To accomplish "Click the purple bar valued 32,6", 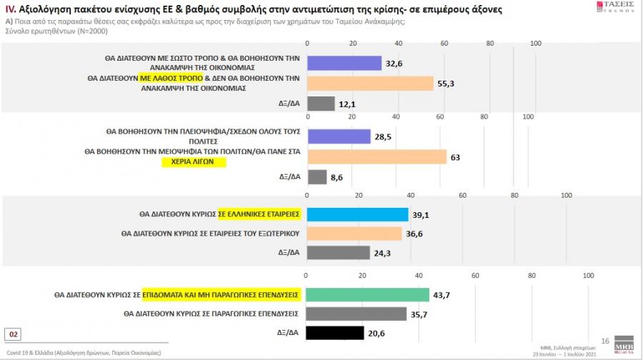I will coord(343,63).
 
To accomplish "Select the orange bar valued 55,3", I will coord(369,84).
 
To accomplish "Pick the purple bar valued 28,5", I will coord(338,136).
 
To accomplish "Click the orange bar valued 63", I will coord(376,156).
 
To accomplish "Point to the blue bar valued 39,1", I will coord(357,214).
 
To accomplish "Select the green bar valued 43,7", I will coord(367,294).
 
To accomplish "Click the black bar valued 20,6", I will coord(334,333).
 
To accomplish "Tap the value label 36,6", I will coord(415,233).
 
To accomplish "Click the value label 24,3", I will coord(384,253).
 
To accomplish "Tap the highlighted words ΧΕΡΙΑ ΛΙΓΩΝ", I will coord(193,162).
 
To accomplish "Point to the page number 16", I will coord(604,341).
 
